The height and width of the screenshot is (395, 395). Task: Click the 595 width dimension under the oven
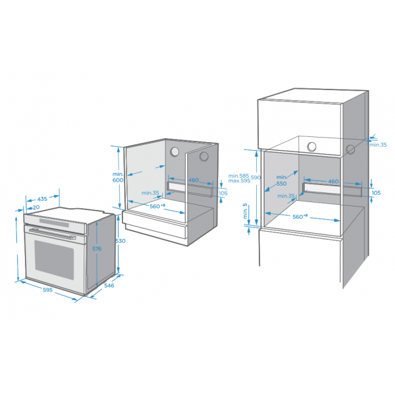47,290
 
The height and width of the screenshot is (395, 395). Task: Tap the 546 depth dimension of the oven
109,286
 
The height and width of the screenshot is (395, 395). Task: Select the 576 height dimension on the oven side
97,249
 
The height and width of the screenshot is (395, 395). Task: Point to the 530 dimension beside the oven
120,241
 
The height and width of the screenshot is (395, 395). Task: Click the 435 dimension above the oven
42,199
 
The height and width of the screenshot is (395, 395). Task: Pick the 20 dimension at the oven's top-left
36,207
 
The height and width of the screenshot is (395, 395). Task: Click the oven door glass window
54,260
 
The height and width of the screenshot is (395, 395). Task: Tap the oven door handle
53,234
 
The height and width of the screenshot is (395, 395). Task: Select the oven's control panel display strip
54,223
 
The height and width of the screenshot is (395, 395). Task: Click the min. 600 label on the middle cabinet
118,177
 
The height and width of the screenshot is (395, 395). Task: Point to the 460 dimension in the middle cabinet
194,180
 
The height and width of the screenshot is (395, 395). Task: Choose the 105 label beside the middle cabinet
223,193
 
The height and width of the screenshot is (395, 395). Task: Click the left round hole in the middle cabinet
174,151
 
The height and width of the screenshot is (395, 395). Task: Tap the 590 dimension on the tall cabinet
255,177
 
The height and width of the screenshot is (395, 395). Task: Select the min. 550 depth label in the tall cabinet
281,180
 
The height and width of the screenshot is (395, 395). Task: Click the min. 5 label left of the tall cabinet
245,211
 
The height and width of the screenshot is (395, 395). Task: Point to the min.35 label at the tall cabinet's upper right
378,145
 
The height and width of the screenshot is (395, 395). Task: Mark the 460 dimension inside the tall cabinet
333,182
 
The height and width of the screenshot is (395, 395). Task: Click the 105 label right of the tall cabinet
376,193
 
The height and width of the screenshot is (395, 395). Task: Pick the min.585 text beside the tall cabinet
238,176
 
